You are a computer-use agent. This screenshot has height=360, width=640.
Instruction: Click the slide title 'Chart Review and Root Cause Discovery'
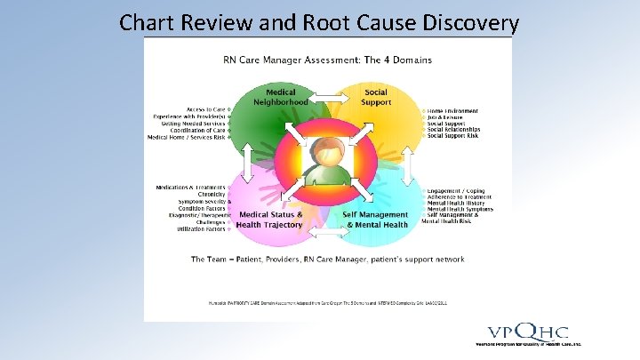point(318,21)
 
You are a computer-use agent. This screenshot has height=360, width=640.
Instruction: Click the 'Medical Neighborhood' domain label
point(281,97)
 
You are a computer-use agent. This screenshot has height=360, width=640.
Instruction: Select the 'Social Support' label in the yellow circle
point(376,97)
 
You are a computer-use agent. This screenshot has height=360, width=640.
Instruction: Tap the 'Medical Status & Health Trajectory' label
point(270,220)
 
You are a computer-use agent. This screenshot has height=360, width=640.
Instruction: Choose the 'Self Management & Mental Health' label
point(377,220)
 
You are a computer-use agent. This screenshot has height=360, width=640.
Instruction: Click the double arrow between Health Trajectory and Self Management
point(328,235)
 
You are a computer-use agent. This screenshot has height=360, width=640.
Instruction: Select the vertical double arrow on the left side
point(241,162)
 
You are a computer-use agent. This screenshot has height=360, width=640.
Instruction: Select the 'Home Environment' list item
point(453,111)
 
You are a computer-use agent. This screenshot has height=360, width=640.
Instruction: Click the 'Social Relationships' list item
point(455,130)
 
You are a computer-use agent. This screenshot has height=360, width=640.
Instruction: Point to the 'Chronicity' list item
point(206,195)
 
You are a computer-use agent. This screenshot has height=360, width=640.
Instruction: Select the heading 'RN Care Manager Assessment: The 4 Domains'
point(328,60)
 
